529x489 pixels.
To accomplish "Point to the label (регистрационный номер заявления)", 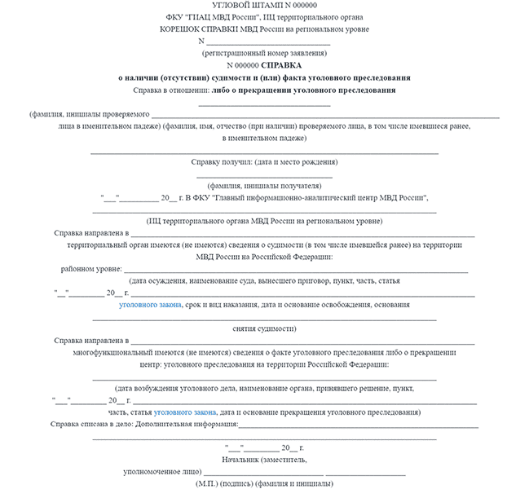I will point(265,53).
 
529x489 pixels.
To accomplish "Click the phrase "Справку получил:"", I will point(221,161).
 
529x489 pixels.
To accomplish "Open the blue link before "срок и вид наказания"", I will point(151,304).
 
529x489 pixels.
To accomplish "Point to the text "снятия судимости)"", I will point(265,328).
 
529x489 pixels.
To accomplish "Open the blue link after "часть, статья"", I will point(186,412).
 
